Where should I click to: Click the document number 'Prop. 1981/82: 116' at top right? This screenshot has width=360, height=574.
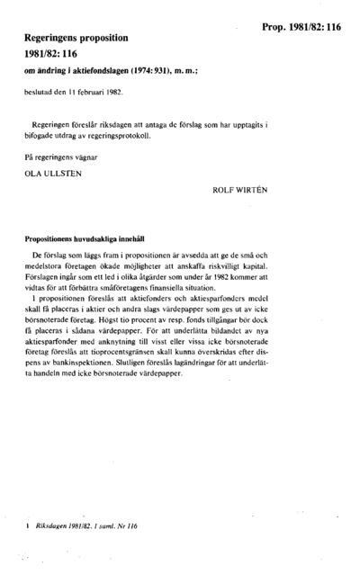pyautogui.click(x=302, y=28)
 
